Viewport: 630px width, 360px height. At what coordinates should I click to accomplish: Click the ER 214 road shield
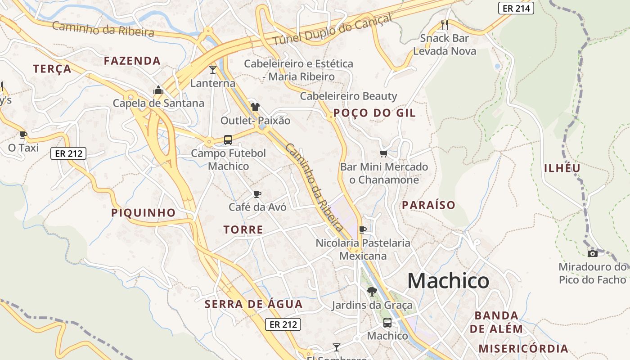516,8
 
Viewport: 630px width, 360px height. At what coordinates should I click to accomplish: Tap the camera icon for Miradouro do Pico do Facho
593,253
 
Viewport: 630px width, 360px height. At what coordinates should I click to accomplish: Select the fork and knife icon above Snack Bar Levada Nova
445,25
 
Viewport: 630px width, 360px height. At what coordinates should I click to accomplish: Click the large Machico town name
448,281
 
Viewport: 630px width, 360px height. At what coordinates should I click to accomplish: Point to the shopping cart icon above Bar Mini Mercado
383,154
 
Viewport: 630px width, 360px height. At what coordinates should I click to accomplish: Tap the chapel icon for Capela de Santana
158,90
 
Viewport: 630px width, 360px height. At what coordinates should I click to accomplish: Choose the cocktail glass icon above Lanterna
213,70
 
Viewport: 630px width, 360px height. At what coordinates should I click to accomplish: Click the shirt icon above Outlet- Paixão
255,107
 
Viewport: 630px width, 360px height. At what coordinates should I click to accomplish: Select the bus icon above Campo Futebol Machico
228,140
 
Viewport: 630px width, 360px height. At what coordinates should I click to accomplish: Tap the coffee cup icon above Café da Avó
257,194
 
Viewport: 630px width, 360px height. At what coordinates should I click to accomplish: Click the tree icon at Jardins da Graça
372,292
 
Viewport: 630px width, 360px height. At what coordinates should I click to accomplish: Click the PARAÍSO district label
428,205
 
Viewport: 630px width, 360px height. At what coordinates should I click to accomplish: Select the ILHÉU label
562,168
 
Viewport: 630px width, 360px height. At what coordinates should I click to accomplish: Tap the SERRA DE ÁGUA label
254,304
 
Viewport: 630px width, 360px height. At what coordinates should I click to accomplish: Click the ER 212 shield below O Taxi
68,153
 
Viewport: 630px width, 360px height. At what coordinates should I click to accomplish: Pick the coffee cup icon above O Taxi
23,135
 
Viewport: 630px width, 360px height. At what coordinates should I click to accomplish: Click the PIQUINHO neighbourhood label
143,212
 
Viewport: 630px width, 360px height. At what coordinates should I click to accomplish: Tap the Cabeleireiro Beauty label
348,96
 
